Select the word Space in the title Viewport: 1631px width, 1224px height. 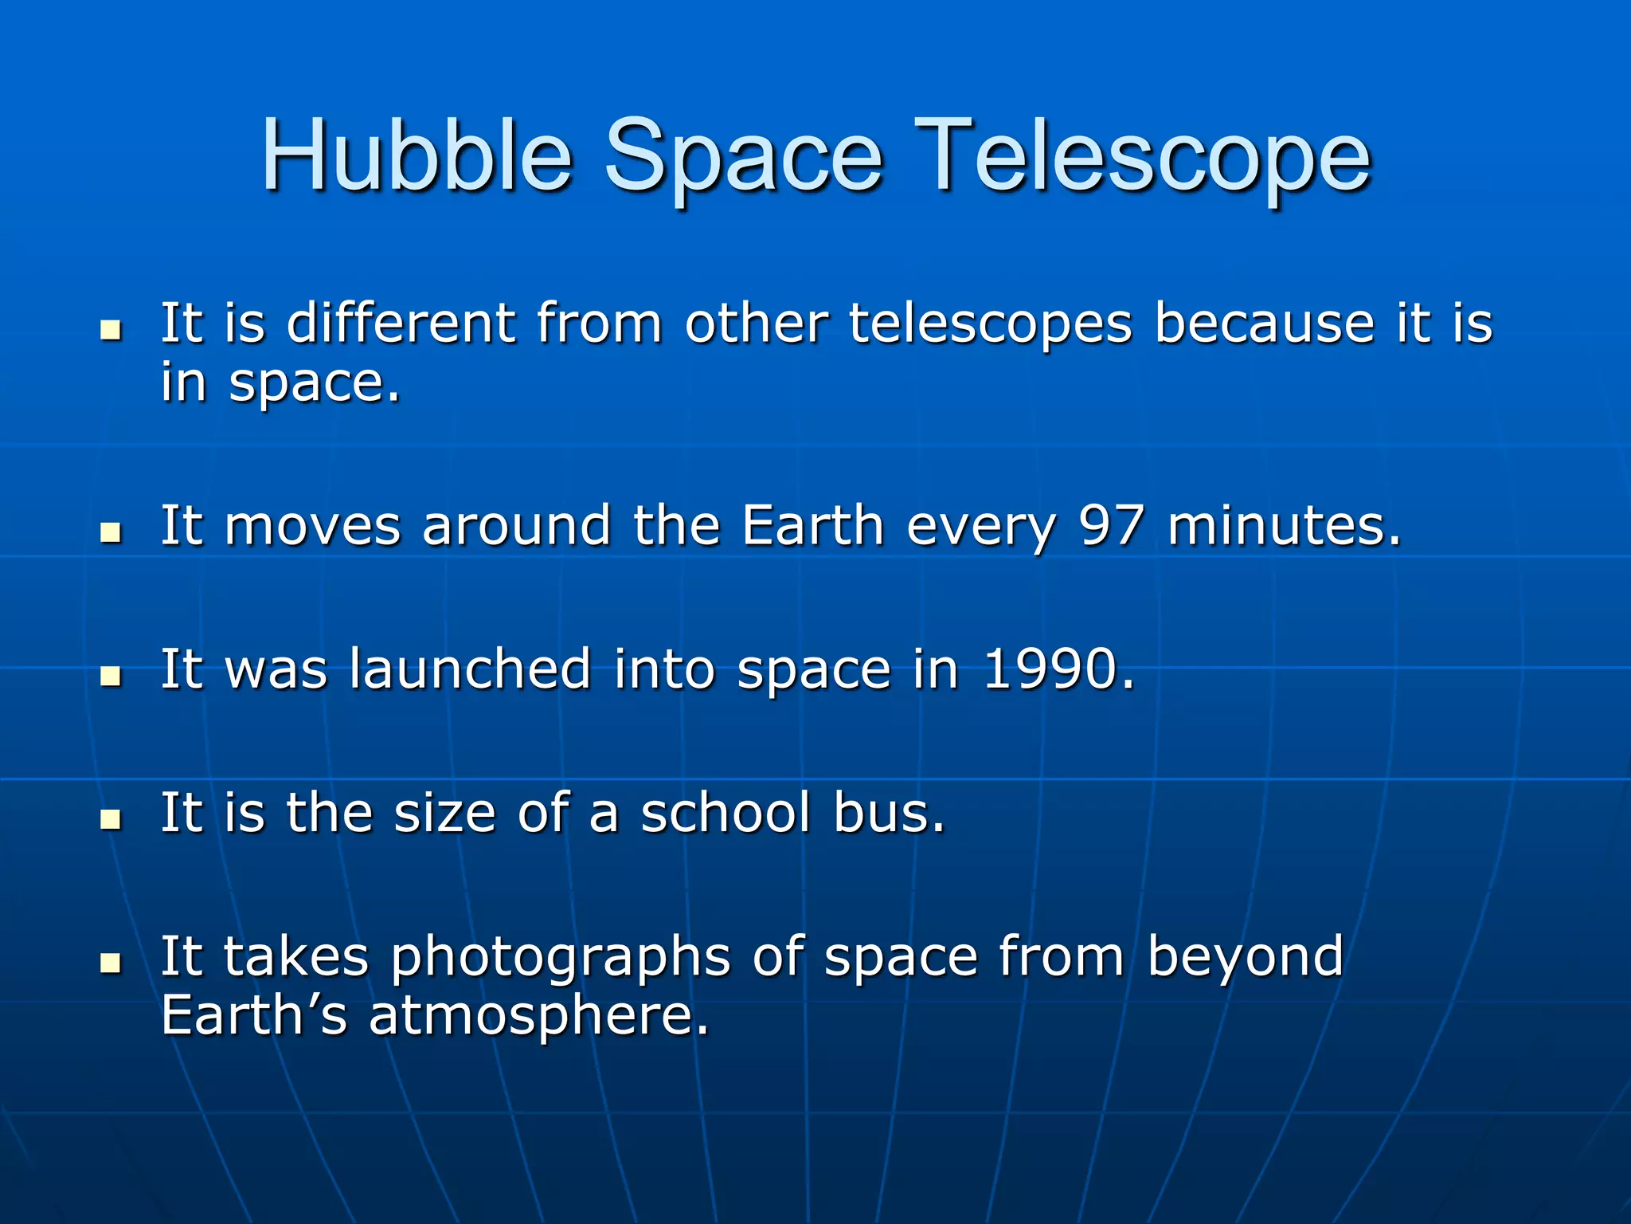click(743, 159)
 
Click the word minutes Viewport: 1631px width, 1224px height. click(1283, 526)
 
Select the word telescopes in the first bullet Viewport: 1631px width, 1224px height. click(990, 325)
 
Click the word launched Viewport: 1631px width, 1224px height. click(470, 669)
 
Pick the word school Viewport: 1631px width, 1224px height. click(725, 813)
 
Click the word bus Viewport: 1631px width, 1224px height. click(889, 813)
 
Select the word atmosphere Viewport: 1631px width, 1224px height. click(538, 1017)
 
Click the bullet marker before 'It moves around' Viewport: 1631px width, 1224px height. click(111, 532)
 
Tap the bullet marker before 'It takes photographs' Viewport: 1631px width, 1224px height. click(111, 963)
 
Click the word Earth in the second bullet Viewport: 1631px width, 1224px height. click(812, 526)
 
